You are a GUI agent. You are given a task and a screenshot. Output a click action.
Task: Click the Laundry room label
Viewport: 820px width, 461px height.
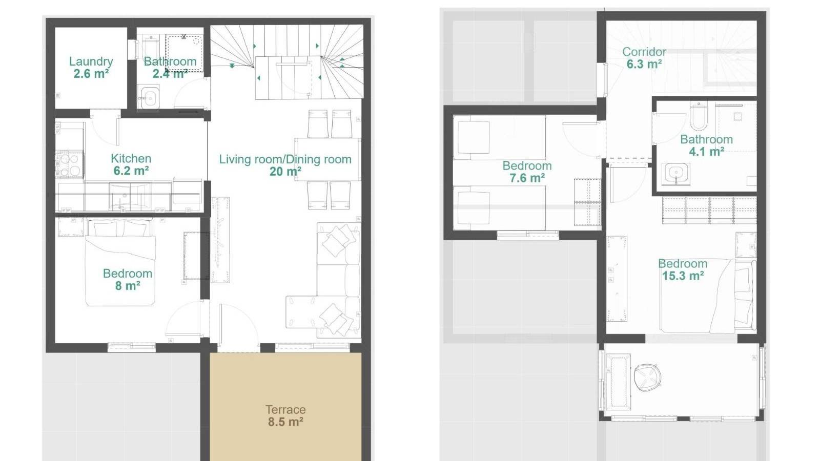91,61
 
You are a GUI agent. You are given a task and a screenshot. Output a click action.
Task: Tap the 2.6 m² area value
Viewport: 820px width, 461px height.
91,74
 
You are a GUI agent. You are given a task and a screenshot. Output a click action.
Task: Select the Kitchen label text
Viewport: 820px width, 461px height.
131,158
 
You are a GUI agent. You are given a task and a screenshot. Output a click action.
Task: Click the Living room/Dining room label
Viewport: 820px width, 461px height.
285,159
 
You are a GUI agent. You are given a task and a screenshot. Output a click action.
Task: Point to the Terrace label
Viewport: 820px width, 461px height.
285,410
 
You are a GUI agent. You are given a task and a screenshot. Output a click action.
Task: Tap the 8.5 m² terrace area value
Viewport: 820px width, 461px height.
285,422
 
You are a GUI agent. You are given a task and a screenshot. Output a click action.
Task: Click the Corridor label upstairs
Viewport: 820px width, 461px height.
644,52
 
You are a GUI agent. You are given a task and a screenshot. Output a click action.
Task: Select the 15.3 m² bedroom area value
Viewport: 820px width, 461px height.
683,276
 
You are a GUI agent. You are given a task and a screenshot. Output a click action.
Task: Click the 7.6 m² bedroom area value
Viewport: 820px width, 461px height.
527,178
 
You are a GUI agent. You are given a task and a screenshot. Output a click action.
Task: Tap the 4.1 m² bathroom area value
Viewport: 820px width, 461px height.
706,152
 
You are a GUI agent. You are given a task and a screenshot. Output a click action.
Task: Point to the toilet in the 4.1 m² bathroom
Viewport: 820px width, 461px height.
699,117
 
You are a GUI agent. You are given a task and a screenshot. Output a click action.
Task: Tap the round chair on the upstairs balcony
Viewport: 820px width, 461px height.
647,378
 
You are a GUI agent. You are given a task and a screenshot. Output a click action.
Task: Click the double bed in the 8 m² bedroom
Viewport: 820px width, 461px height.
120,262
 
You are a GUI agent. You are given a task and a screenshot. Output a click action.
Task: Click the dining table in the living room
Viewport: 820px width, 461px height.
327,159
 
